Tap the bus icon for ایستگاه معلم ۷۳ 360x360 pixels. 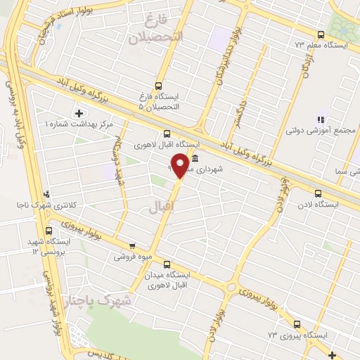pyautogui.click(x=321, y=34)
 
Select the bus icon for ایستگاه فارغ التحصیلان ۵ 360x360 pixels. pyautogui.click(x=159, y=84)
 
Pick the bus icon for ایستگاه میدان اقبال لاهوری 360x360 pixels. pyautogui.click(x=167, y=265)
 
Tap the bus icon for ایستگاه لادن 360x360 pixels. pyautogui.click(x=319, y=193)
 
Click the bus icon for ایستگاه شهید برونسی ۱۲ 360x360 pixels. pyautogui.click(x=49, y=231)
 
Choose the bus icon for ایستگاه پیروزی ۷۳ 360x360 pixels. pyautogui.click(x=297, y=325)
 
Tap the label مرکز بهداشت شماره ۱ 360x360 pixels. pyautogui.click(x=79, y=124)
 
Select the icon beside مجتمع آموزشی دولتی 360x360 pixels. pyautogui.click(x=321, y=120)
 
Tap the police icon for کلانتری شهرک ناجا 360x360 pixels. pyautogui.click(x=47, y=193)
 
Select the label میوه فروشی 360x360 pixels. pyautogui.click(x=133, y=257)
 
